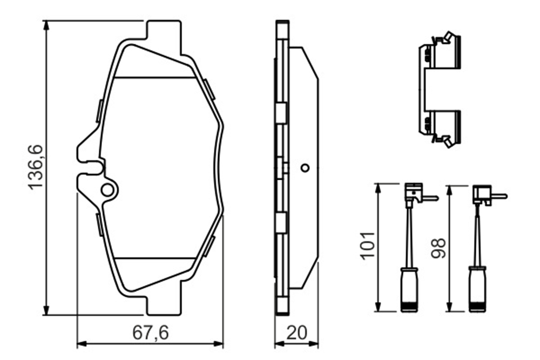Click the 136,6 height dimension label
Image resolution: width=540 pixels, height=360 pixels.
(x=36, y=167)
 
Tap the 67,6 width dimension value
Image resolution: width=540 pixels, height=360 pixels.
(x=151, y=333)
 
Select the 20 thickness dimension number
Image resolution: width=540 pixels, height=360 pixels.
(x=296, y=333)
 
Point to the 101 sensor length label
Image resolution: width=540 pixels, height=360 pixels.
(x=368, y=244)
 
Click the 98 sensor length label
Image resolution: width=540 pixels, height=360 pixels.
(x=438, y=248)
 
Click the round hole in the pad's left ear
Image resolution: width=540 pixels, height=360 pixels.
(x=107, y=189)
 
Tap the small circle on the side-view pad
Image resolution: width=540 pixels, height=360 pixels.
(x=305, y=168)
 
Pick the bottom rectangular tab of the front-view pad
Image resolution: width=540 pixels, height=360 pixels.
(x=164, y=298)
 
